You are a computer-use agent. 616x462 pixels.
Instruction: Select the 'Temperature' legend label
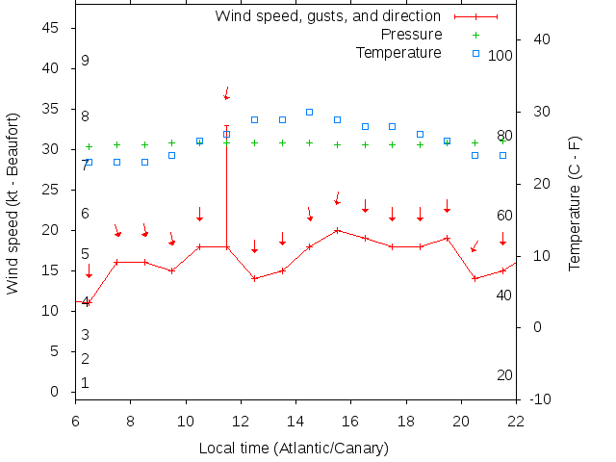pyautogui.click(x=398, y=52)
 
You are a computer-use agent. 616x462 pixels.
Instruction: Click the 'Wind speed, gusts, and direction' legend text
pyautogui.click(x=327, y=16)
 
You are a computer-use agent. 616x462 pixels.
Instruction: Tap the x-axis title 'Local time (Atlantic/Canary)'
pyautogui.click(x=294, y=449)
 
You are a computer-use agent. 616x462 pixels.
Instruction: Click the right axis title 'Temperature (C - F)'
pyautogui.click(x=575, y=202)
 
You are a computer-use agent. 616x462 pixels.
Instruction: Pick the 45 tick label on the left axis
pyautogui.click(x=52, y=29)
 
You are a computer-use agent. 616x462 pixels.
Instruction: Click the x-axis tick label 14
pyautogui.click(x=295, y=420)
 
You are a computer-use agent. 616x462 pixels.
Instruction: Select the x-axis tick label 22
pyautogui.click(x=516, y=420)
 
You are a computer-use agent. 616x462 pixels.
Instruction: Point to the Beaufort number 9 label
pyautogui.click(x=85, y=61)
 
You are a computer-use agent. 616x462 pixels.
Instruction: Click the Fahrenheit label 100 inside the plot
pyautogui.click(x=500, y=56)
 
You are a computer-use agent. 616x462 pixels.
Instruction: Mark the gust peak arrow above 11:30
pyautogui.click(x=227, y=93)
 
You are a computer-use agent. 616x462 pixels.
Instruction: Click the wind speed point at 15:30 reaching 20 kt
pyautogui.click(x=337, y=230)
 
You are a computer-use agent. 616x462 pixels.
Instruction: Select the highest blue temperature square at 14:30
pyautogui.click(x=310, y=112)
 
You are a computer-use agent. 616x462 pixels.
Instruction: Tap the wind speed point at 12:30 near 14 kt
pyautogui.click(x=254, y=278)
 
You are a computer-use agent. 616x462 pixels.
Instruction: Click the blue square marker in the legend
pyautogui.click(x=475, y=52)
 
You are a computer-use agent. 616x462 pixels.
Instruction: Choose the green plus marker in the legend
pyautogui.click(x=475, y=35)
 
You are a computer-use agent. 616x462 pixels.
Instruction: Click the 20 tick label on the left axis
pyautogui.click(x=52, y=230)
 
